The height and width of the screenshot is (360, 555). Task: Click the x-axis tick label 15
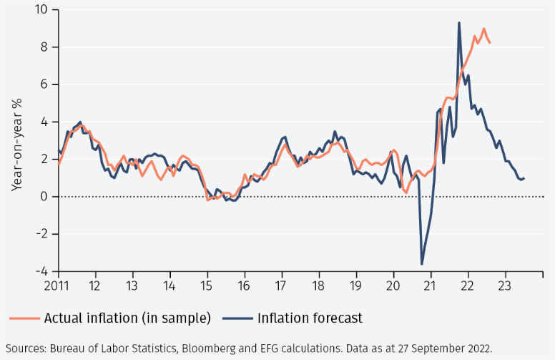point(207,286)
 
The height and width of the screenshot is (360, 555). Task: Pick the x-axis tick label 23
point(505,286)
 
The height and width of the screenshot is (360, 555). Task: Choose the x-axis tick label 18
point(319,286)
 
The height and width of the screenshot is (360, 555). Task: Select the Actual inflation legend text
point(127,318)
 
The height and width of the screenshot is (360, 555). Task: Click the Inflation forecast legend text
point(310,318)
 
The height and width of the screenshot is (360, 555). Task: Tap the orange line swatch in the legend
point(24,318)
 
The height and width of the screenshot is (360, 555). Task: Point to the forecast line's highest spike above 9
point(458,23)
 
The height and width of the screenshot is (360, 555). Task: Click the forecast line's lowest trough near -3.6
point(422,264)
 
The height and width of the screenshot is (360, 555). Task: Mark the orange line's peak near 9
point(484,29)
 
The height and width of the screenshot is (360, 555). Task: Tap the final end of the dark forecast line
point(524,178)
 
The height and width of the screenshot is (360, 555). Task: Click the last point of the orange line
point(490,43)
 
